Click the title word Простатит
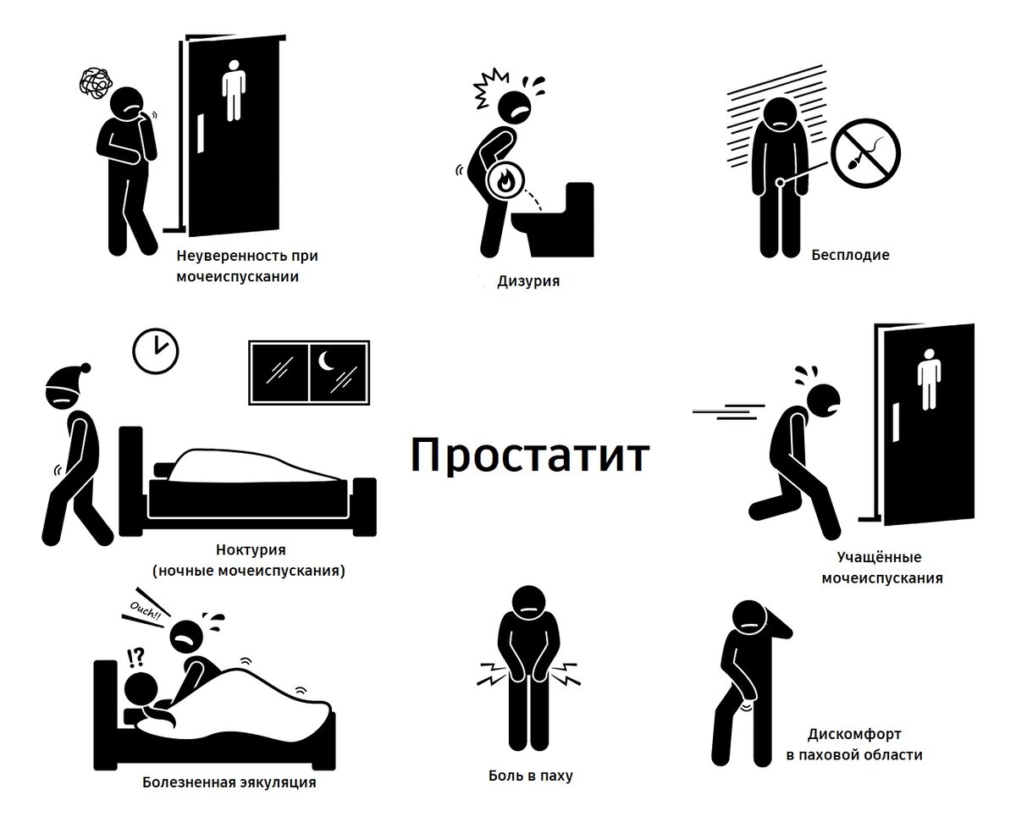tap(530, 455)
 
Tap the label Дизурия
tap(528, 280)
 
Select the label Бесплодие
tap(850, 254)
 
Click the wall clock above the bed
tap(157, 349)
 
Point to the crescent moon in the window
tap(328, 362)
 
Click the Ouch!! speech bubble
tap(146, 613)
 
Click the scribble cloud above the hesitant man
tap(96, 84)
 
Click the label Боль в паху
tap(531, 775)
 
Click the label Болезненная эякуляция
tap(229, 781)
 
